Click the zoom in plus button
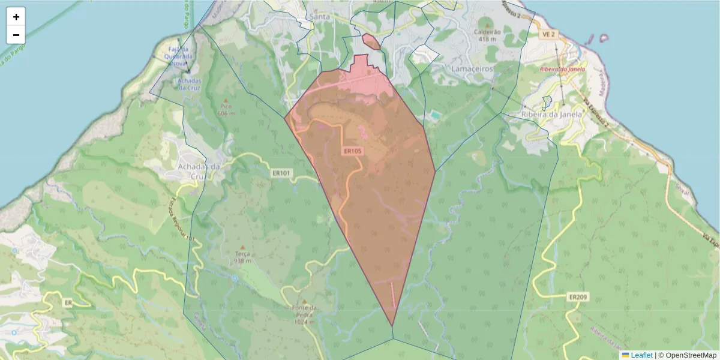[x=16, y=17]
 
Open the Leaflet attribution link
[x=641, y=355]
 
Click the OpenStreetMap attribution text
[x=691, y=355]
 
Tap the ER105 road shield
[x=353, y=151]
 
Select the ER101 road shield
[x=281, y=173]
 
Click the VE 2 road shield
[x=548, y=35]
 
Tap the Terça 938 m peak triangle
[x=242, y=247]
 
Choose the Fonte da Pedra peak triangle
[x=304, y=302]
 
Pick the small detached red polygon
[x=371, y=41]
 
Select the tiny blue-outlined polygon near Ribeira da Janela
[x=547, y=102]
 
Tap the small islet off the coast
[x=603, y=38]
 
